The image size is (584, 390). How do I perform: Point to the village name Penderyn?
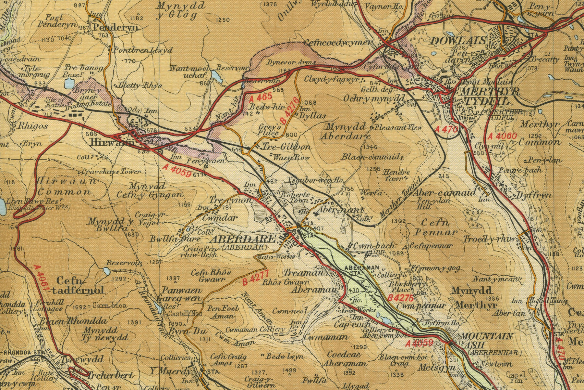click(x=115, y=28)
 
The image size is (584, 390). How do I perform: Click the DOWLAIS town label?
click(x=458, y=41)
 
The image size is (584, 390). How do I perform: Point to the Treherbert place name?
click(x=110, y=375)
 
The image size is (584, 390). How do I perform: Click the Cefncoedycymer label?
click(x=338, y=43)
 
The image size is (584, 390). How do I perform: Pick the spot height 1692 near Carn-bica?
click(x=80, y=306)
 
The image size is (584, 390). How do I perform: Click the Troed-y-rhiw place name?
click(x=489, y=240)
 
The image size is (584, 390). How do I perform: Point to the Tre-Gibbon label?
click(x=286, y=147)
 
